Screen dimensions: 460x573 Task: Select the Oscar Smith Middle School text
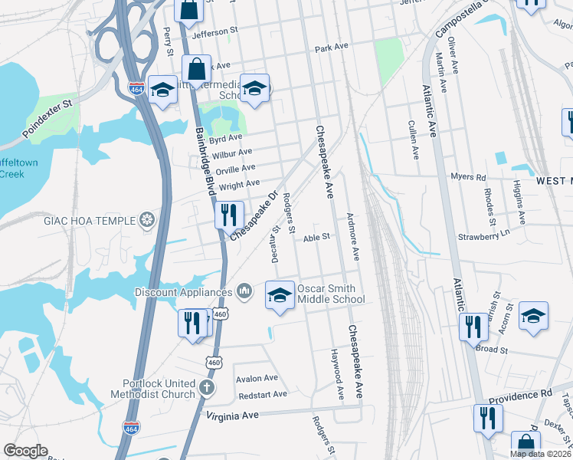(331, 294)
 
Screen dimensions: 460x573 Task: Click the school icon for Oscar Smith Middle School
(280, 295)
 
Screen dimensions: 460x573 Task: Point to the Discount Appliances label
(183, 292)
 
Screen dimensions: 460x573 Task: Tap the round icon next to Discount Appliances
(244, 291)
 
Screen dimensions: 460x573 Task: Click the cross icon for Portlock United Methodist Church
(205, 388)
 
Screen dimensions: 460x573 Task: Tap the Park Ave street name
(332, 48)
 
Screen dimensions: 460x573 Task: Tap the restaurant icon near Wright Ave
(228, 215)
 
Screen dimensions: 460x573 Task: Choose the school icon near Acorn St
(533, 317)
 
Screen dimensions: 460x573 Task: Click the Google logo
(25, 451)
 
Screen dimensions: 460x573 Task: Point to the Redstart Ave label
(262, 394)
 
